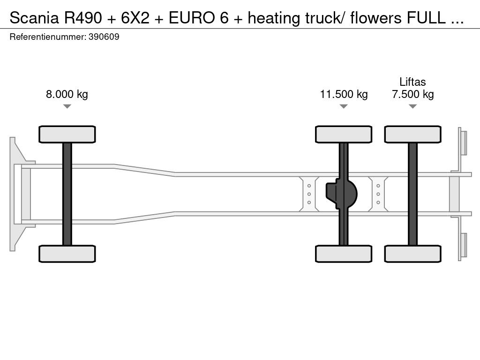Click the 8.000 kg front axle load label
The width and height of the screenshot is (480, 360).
click(x=67, y=94)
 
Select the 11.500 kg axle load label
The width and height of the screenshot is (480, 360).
click(x=344, y=94)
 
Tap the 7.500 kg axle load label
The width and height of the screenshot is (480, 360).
click(x=412, y=94)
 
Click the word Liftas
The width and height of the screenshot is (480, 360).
click(x=412, y=82)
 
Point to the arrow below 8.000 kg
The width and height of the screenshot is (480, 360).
click(x=67, y=106)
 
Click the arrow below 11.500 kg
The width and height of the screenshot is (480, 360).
click(x=344, y=106)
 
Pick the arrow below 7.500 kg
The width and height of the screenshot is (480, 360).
click(x=413, y=106)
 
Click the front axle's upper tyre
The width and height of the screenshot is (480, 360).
click(x=67, y=134)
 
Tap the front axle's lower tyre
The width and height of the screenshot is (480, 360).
click(x=67, y=254)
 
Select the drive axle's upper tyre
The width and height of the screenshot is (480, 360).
click(x=344, y=134)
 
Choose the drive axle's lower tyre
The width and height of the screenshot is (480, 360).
click(x=344, y=254)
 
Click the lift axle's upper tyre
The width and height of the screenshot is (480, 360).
click(x=413, y=134)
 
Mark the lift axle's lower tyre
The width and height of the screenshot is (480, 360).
click(x=413, y=254)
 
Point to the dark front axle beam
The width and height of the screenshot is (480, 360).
click(x=67, y=194)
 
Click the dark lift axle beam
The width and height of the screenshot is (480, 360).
click(x=413, y=194)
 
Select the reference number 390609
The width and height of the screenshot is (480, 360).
click(x=104, y=37)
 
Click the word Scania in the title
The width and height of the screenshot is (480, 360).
click(x=34, y=18)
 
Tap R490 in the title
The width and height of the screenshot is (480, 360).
click(x=82, y=18)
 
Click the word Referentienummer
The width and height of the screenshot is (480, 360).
click(x=48, y=37)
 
